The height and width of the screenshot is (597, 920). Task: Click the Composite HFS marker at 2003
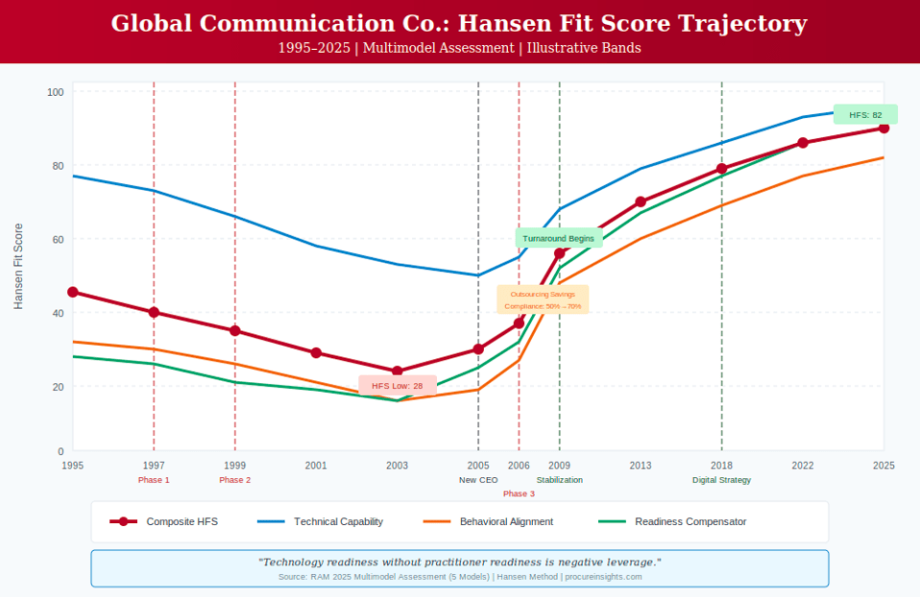[x=397, y=371]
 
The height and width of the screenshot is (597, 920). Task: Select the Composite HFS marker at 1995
[x=73, y=292]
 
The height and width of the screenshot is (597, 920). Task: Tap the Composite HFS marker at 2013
[x=641, y=203]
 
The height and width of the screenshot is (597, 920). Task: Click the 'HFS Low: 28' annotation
[x=398, y=386]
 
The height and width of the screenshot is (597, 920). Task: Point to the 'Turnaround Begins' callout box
[x=558, y=238]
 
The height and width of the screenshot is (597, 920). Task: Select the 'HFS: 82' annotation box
[x=865, y=114]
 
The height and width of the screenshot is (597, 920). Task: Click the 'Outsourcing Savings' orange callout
[x=543, y=299]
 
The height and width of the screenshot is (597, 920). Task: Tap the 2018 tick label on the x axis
[x=721, y=466]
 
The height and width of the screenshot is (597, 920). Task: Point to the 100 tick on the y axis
[x=56, y=92]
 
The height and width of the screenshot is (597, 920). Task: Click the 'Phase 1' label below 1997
[x=154, y=480]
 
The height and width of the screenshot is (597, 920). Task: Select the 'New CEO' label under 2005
[x=478, y=480]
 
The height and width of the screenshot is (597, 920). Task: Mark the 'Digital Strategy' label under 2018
[x=721, y=480]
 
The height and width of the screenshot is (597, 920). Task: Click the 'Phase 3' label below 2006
[x=519, y=493]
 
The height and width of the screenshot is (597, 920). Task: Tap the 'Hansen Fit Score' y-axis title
[x=18, y=266]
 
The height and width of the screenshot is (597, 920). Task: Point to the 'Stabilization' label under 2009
[x=560, y=480]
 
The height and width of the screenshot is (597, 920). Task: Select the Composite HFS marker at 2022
[x=803, y=143]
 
